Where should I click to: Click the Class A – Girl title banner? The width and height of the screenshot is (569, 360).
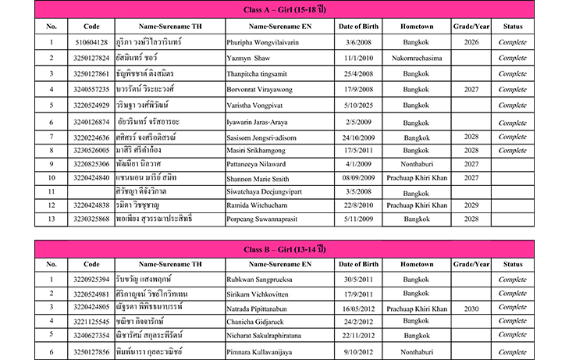coord(284,10)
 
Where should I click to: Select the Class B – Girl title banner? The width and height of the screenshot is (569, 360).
coord(284,249)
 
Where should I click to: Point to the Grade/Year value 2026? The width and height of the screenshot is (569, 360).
coord(471,43)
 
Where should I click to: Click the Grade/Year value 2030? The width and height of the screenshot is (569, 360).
coord(471,308)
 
